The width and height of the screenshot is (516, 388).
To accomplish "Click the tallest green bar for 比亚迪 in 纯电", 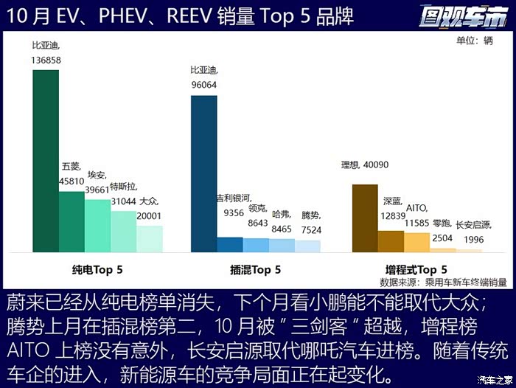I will (x=46, y=161).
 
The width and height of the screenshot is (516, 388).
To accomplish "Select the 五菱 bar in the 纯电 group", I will (x=72, y=222).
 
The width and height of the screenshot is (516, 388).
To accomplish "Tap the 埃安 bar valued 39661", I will (x=97, y=226).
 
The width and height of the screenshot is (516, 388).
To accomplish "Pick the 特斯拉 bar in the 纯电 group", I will (x=124, y=232).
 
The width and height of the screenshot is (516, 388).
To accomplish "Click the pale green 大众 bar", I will (x=150, y=239).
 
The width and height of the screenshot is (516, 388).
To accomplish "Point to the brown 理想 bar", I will (x=365, y=218).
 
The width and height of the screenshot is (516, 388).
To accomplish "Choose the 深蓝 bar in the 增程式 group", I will (x=391, y=241).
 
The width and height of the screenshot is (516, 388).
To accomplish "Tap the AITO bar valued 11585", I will (x=416, y=243).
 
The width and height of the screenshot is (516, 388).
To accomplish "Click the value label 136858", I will (x=46, y=59).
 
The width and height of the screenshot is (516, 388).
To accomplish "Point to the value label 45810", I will (x=72, y=179).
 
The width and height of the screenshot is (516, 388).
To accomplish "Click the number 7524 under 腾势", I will (x=311, y=229).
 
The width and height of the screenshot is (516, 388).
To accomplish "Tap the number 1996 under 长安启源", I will (x=474, y=239).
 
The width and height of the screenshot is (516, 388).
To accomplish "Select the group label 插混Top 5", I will (x=255, y=270).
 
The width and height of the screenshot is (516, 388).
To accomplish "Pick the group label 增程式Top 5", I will (x=416, y=270).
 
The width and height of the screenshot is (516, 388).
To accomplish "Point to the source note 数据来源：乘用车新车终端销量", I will (x=443, y=282).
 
